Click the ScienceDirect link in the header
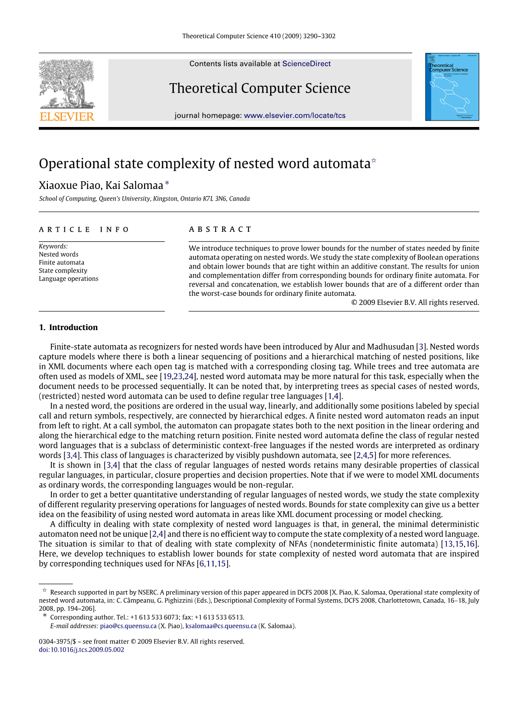306,64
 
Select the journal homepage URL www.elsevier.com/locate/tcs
295,115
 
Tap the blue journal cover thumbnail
452,87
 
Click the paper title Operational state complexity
205,164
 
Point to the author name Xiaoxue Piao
70,185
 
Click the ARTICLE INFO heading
84,230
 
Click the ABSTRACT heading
220,229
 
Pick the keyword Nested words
58,254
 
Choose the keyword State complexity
63,271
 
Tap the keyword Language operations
69,279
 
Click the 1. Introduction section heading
69,328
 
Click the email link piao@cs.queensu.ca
128,626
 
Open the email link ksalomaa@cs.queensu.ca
221,626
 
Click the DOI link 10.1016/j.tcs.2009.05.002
82,650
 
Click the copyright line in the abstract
415,302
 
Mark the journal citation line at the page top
259,36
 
